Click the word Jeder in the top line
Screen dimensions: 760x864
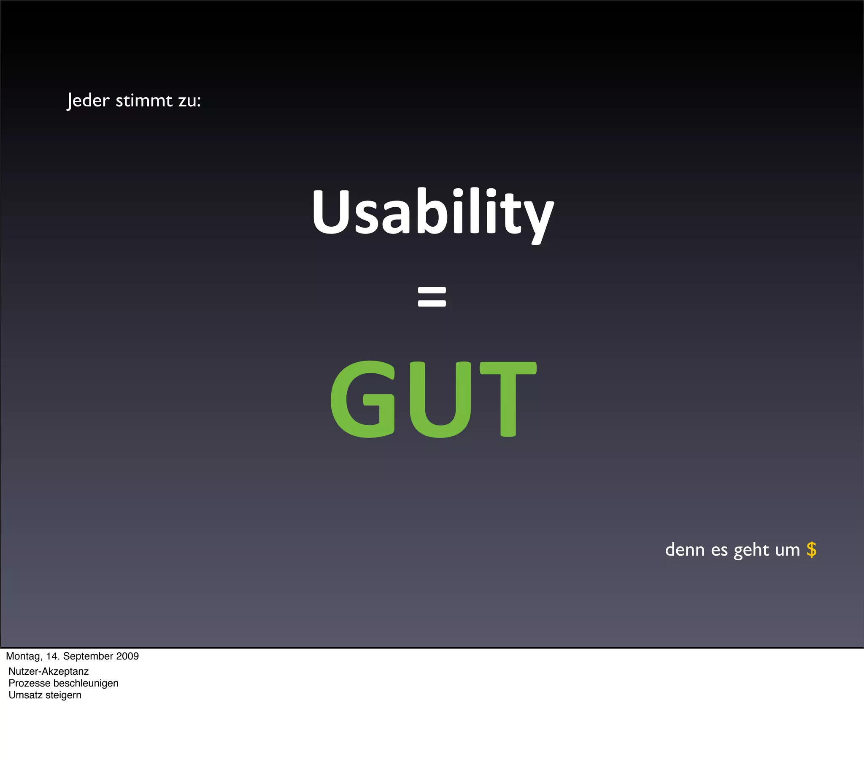click(x=88, y=101)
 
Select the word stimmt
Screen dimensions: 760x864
click(x=144, y=101)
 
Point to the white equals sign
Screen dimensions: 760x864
click(x=432, y=297)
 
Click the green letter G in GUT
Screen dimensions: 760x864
click(x=363, y=399)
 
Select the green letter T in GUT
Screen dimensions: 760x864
click(x=508, y=399)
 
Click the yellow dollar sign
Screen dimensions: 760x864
click(x=811, y=550)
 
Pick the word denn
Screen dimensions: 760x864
click(x=685, y=550)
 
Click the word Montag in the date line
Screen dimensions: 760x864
click(x=24, y=656)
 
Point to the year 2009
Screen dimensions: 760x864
click(x=127, y=656)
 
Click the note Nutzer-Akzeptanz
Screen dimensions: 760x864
click(x=49, y=671)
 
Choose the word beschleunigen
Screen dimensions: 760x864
click(x=86, y=683)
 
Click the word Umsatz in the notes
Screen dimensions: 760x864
click(x=25, y=695)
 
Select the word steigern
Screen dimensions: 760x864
click(x=63, y=695)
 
